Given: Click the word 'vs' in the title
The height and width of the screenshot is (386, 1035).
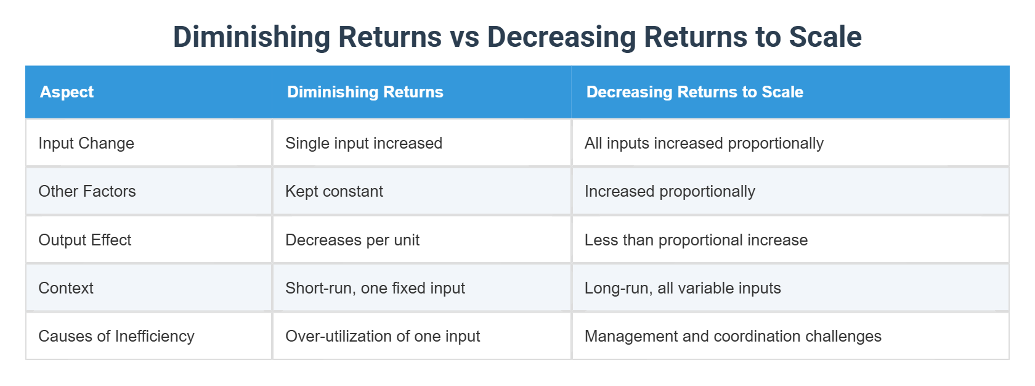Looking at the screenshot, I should [x=465, y=37].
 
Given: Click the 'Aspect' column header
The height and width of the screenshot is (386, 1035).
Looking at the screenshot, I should [x=67, y=92].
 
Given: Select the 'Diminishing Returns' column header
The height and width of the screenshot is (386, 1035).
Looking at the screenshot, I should [x=365, y=92].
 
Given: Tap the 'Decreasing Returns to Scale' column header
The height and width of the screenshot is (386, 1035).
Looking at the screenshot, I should [x=694, y=92].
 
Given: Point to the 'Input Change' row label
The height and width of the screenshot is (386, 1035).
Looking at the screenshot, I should [x=86, y=143].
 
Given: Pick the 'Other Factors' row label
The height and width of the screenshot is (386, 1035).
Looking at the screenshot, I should [x=87, y=191].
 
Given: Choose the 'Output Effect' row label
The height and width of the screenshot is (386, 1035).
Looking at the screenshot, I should [x=85, y=240].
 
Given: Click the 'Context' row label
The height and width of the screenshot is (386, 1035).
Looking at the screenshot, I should [x=66, y=288].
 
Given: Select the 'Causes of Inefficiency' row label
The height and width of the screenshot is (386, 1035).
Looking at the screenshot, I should [x=116, y=336].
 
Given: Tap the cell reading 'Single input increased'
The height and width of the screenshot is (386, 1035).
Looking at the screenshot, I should [x=363, y=143].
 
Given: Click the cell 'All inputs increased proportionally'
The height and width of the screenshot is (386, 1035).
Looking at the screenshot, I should [x=704, y=143].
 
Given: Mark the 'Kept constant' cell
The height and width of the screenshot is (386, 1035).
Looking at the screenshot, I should [x=334, y=191].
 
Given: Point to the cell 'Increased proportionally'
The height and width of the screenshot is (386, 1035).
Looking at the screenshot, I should [x=670, y=191].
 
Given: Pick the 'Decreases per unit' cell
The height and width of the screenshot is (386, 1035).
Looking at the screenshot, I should [x=352, y=240].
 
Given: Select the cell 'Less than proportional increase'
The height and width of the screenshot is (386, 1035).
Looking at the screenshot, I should [x=696, y=240].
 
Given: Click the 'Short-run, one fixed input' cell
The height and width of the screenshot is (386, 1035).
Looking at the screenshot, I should [x=375, y=288].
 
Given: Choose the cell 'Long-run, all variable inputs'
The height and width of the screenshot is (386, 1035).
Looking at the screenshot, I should [x=683, y=288].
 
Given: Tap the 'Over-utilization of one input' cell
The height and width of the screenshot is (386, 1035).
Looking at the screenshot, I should [x=383, y=336].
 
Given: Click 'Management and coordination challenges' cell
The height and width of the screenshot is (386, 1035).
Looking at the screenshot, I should [x=733, y=336].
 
